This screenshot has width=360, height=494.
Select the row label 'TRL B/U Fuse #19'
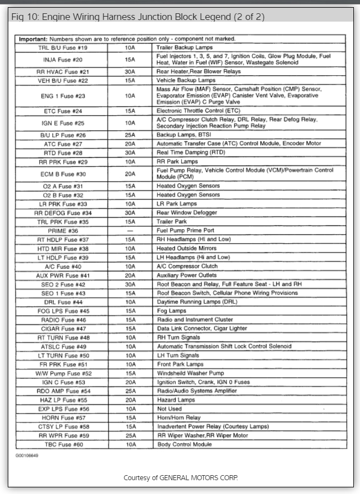pos(63,48)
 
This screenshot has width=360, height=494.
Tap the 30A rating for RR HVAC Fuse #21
pos(130,72)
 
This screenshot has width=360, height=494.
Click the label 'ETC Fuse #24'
pos(63,111)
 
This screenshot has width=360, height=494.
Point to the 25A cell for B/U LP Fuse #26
pos(130,135)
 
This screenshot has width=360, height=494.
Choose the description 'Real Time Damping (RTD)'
pos(191,153)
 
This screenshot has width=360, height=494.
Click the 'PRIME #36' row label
pos(63,230)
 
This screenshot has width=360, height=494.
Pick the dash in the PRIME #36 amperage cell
pos(130,230)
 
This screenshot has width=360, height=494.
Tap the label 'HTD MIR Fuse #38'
pos(63,249)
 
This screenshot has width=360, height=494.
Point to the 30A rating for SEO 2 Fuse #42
pos(130,284)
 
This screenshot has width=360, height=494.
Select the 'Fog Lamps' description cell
pos(171,311)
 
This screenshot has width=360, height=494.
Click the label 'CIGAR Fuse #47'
pos(63,328)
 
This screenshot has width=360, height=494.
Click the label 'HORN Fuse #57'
pos(63,418)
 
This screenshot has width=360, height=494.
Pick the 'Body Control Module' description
pos(184,444)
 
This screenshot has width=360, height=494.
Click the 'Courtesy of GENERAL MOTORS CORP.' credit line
pos(181,477)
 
